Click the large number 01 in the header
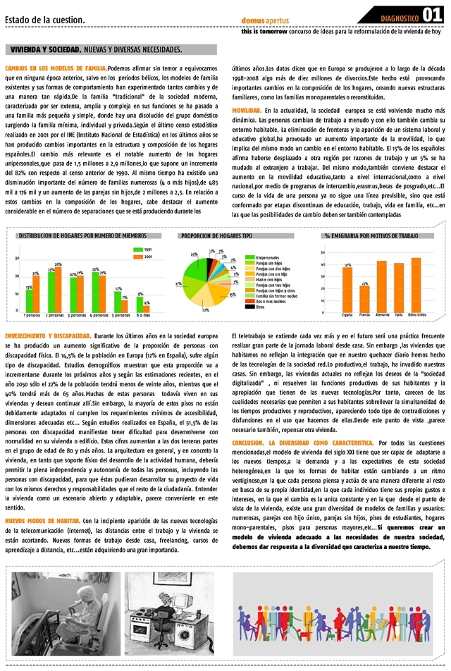432,14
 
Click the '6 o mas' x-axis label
143,315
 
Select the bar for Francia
364,299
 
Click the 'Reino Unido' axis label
416,315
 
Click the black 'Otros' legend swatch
249,307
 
